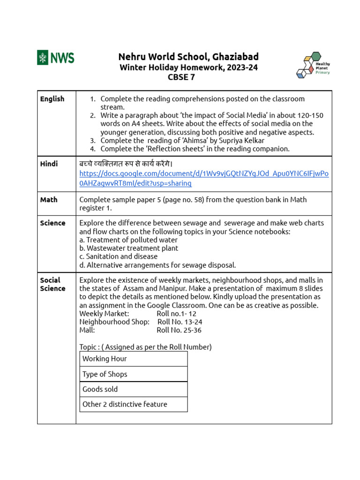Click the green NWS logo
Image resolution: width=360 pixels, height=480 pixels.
pyautogui.click(x=56, y=58)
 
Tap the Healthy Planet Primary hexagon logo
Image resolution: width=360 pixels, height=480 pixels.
pyautogui.click(x=313, y=64)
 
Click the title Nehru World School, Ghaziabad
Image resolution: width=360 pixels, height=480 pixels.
pyautogui.click(x=188, y=57)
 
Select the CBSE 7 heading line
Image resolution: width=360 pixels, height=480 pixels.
pyautogui.click(x=181, y=78)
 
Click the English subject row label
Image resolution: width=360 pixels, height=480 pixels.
pyautogui.click(x=52, y=99)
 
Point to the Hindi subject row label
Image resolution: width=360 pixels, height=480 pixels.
pyautogui.click(x=49, y=164)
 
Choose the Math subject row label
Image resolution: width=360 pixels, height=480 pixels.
pyautogui.click(x=49, y=200)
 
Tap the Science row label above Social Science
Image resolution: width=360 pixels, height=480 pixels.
pyautogui.click(x=52, y=223)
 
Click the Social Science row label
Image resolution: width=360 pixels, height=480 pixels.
pyautogui.click(x=52, y=284)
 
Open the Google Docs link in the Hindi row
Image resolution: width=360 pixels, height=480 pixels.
pyautogui.click(x=204, y=178)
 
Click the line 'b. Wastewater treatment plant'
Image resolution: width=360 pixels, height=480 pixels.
pyautogui.click(x=128, y=248)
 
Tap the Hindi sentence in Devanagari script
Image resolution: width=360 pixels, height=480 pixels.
pyautogui.click(x=126, y=164)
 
